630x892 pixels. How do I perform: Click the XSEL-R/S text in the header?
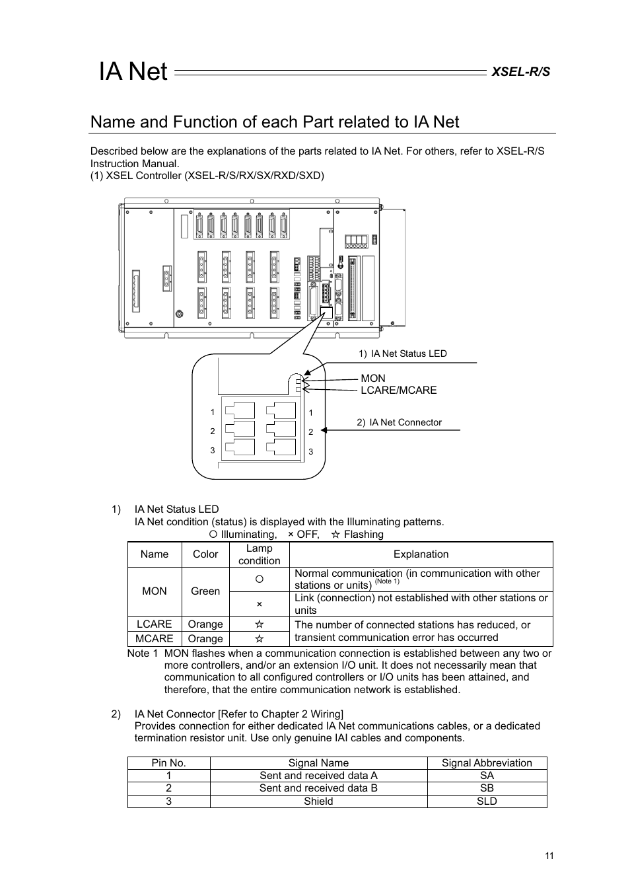pyautogui.click(x=520, y=71)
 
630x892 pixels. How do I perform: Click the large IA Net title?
pyautogui.click(x=133, y=71)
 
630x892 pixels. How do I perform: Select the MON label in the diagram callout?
pyautogui.click(x=372, y=378)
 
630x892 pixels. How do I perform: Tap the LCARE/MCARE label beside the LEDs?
pyautogui.click(x=398, y=390)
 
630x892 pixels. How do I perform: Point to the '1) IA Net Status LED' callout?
pyautogui.click(x=402, y=353)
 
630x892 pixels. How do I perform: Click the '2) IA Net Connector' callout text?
pyautogui.click(x=399, y=422)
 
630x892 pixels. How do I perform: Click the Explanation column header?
pyautogui.click(x=421, y=554)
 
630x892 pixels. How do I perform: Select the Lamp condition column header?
pyautogui.click(x=259, y=554)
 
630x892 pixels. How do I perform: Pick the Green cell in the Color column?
pyautogui.click(x=205, y=591)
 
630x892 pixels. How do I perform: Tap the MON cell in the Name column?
pyautogui.click(x=155, y=591)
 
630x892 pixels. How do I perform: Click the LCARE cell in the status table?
pyautogui.click(x=155, y=624)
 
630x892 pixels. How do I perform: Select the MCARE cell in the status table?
pyautogui.click(x=155, y=638)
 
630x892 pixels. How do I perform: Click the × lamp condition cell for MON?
pyautogui.click(x=259, y=604)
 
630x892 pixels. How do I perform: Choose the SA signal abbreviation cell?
pyautogui.click(x=487, y=775)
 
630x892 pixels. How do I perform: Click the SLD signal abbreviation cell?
pyautogui.click(x=487, y=801)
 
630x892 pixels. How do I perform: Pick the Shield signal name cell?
pyautogui.click(x=318, y=801)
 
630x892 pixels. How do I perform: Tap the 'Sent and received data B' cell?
pyautogui.click(x=318, y=788)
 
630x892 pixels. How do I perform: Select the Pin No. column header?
pyautogui.click(x=168, y=762)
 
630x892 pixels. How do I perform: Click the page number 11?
pyautogui.click(x=549, y=856)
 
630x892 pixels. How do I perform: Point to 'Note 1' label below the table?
pyautogui.click(x=143, y=653)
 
